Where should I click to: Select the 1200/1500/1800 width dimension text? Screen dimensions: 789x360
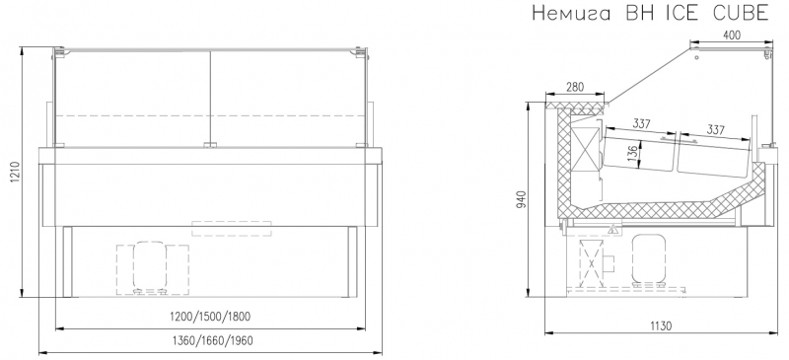[210, 317]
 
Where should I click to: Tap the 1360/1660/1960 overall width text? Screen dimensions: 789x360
[211, 341]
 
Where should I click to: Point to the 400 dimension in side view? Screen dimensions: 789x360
[732, 35]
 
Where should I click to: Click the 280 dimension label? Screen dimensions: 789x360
[575, 87]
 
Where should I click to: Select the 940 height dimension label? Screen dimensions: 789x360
[524, 201]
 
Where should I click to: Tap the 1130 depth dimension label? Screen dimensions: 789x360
[661, 325]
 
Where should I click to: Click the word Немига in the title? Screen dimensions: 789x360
[572, 13]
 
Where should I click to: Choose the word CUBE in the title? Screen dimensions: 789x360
[741, 13]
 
